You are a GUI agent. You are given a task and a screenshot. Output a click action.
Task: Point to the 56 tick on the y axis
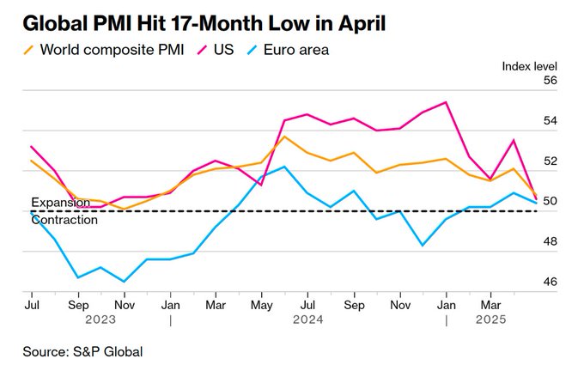(550, 81)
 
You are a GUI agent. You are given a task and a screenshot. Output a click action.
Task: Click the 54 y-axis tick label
(550, 121)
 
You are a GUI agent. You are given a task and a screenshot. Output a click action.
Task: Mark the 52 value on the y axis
(550, 161)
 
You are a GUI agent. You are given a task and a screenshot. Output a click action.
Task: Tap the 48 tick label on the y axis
(550, 242)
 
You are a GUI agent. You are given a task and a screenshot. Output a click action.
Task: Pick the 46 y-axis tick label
(550, 283)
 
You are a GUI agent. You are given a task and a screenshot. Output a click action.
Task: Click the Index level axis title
(529, 65)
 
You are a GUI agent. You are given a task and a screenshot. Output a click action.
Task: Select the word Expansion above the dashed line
(60, 203)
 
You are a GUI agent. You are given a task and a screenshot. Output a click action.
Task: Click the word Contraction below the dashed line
(64, 220)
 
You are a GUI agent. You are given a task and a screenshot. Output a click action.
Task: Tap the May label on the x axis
(260, 304)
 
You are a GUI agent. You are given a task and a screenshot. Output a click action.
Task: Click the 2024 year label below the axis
(307, 319)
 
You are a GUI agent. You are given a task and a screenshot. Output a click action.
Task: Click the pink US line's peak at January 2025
(446, 102)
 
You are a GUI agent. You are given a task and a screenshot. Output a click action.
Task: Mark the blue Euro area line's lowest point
(125, 281)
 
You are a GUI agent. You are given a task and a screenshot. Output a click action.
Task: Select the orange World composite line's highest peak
(284, 137)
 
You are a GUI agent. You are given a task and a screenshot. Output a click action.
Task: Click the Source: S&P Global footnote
(82, 350)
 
